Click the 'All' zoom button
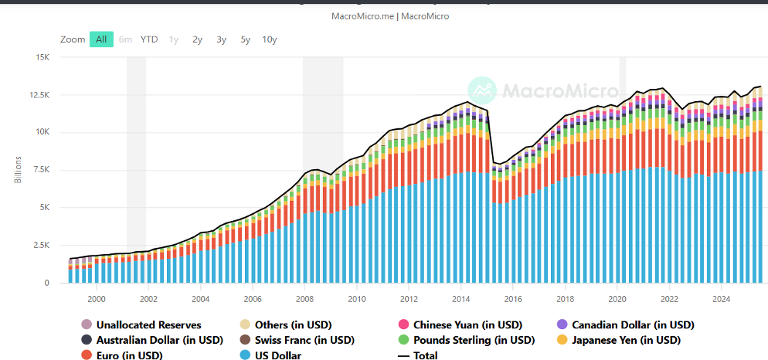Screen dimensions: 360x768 pos(101,39)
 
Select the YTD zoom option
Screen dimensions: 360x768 pos(149,39)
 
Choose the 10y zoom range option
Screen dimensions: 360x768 pos(270,39)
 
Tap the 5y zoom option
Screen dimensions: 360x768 pos(245,39)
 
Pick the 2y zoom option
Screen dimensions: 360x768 pos(198,39)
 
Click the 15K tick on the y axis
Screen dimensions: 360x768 pos(40,57)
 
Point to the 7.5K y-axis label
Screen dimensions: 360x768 pos(40,170)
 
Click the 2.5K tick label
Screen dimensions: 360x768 pos(40,245)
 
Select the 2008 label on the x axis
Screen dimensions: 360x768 pos(304,298)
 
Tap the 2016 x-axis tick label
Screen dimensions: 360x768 pos(512,298)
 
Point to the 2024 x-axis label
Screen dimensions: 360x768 pos(721,298)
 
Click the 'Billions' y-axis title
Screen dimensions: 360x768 pos(19,170)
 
